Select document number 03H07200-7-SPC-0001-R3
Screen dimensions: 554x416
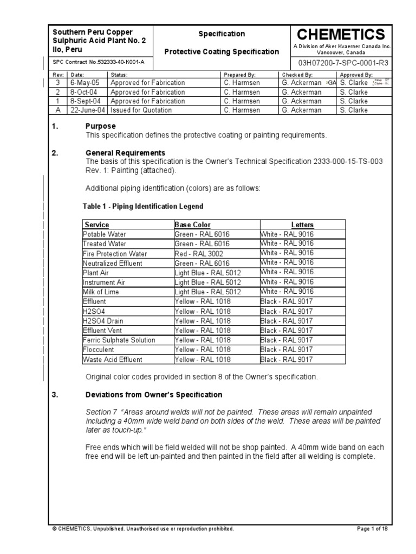point(342,63)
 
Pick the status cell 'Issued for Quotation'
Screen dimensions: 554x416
point(141,110)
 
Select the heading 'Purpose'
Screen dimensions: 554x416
point(101,126)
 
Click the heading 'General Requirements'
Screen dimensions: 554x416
point(125,153)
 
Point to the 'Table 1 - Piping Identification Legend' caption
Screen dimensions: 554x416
point(143,206)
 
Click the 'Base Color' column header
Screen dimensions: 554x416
point(193,225)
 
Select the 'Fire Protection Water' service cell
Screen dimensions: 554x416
point(115,254)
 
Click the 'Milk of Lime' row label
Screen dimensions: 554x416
point(101,292)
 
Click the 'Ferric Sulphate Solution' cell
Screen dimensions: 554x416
point(119,340)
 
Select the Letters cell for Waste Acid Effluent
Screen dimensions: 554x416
point(287,359)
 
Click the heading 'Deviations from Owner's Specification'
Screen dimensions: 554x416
point(154,394)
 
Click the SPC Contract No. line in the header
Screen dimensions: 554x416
point(99,63)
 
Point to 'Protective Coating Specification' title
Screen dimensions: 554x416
point(222,52)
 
